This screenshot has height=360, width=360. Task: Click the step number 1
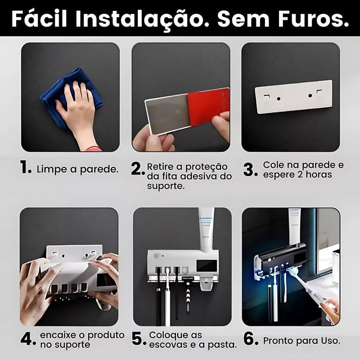(x=26, y=169)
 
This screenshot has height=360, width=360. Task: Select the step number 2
(x=137, y=169)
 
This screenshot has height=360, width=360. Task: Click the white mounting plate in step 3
(x=293, y=96)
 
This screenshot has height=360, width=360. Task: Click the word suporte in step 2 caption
(x=166, y=186)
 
